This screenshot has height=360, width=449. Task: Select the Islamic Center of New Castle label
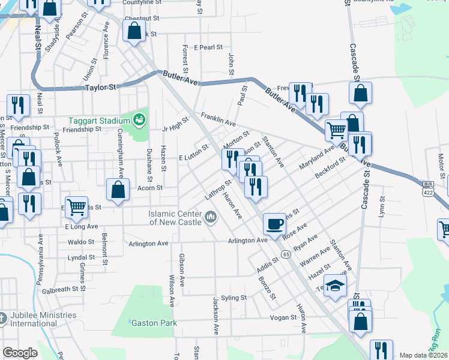pos(177,218)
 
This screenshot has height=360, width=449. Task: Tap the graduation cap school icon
pos(336,285)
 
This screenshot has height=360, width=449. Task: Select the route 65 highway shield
pos(286,254)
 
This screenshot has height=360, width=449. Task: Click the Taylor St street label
pos(100,87)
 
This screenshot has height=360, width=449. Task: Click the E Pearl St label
pos(208,47)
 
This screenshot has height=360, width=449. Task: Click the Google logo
pos(20,353)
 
